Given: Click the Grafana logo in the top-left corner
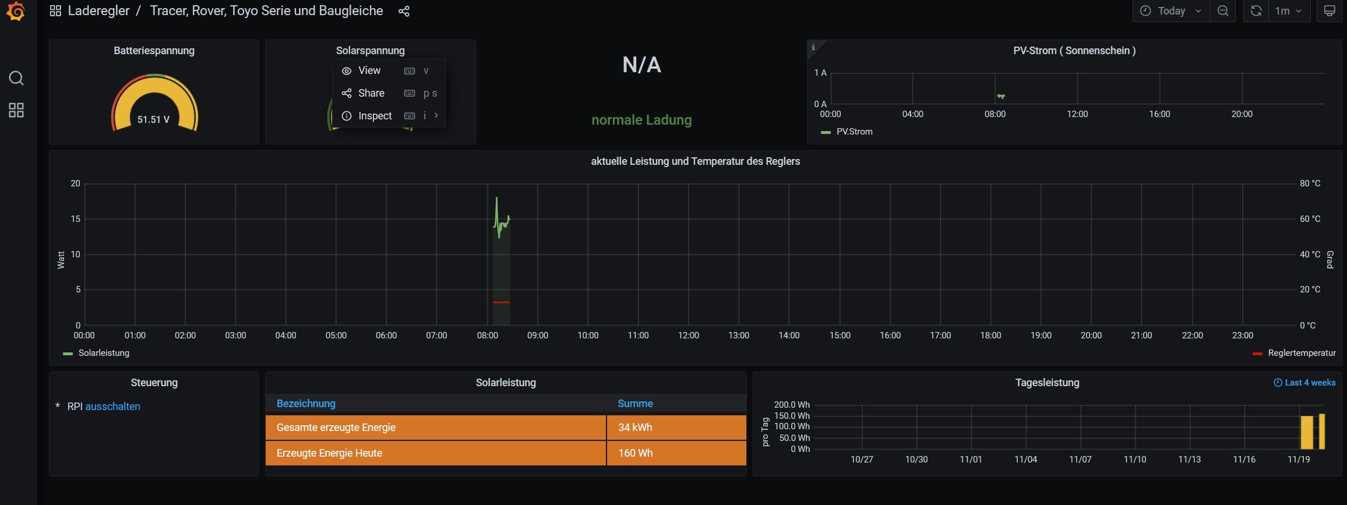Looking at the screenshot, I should (x=16, y=11).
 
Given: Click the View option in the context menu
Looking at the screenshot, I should (x=369, y=70).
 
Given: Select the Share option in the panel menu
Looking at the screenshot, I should (x=371, y=93).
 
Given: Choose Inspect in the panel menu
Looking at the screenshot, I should (x=375, y=116).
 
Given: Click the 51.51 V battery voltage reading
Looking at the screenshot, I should (x=153, y=119).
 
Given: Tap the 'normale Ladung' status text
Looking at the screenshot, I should (x=641, y=120).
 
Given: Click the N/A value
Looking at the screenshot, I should (x=641, y=65).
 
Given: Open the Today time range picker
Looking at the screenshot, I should (x=1170, y=11).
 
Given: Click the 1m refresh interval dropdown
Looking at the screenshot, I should (x=1288, y=11).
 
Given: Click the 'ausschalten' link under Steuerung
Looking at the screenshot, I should (x=112, y=407).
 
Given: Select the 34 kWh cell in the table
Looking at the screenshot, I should (x=635, y=428).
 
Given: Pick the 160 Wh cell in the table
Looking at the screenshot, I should (x=635, y=453).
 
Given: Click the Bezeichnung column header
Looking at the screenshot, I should (x=306, y=404).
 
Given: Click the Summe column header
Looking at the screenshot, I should (x=635, y=404).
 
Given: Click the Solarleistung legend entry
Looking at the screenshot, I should (x=104, y=353).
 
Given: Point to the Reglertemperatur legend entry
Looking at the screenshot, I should (x=1302, y=353).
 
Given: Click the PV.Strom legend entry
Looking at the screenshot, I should (x=854, y=132).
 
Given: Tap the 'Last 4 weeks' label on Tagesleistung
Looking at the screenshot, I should (x=1310, y=383).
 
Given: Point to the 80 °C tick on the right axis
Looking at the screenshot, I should (x=1310, y=183).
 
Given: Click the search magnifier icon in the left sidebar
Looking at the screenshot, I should (x=16, y=78).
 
